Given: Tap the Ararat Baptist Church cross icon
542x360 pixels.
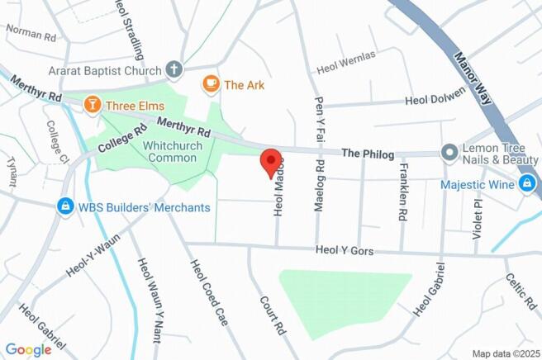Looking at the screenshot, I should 174,70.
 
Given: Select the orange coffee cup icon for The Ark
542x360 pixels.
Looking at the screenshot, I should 211,83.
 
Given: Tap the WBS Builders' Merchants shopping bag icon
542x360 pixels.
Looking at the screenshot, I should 64,206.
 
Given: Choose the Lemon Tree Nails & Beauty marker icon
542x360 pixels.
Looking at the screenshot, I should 449,153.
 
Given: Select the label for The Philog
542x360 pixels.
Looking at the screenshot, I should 368,154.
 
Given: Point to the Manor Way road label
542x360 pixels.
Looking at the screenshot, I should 473,77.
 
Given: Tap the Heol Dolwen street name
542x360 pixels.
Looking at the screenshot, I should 438,101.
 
